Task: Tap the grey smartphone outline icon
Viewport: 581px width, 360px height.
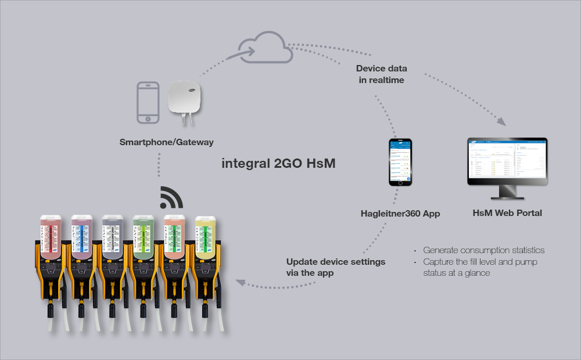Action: (x=148, y=102)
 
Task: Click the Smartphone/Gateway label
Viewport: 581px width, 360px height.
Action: (x=166, y=142)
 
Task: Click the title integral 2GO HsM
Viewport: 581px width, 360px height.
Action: (x=278, y=163)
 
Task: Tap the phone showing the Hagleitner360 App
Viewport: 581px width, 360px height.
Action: (x=400, y=162)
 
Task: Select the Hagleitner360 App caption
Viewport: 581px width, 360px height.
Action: (x=400, y=214)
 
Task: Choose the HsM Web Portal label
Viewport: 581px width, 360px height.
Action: (x=507, y=213)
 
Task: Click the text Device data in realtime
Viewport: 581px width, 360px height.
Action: (x=381, y=74)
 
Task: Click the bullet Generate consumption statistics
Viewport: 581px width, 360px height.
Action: (x=483, y=250)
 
